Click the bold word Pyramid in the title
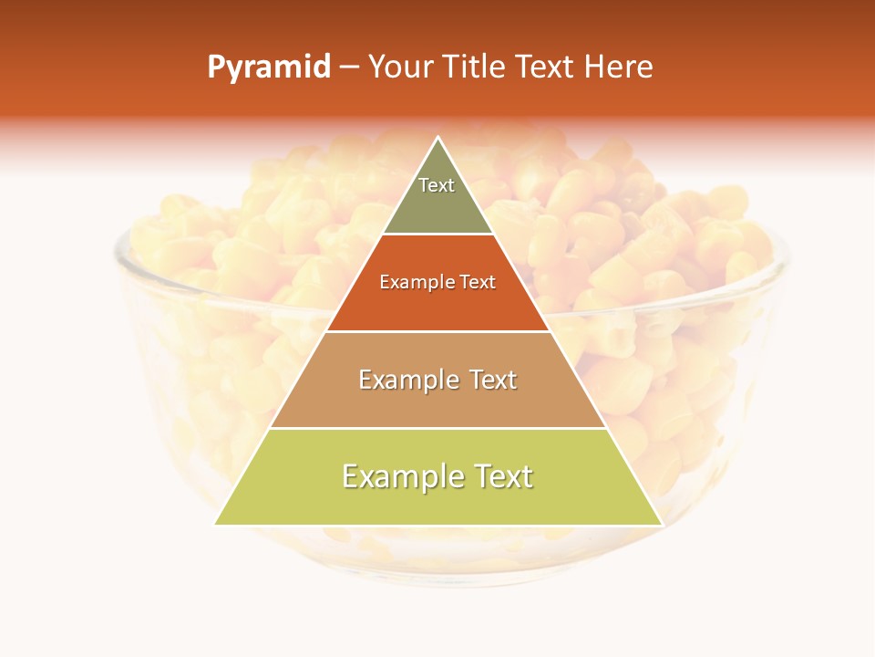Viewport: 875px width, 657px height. (x=269, y=68)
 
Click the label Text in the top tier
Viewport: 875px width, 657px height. (x=437, y=185)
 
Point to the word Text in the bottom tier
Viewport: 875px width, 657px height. (x=502, y=476)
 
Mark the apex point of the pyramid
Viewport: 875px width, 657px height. (x=438, y=138)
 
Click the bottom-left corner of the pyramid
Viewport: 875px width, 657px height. (x=215, y=524)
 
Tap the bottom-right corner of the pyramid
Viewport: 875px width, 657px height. (x=662, y=524)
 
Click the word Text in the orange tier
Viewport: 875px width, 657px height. (x=475, y=283)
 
